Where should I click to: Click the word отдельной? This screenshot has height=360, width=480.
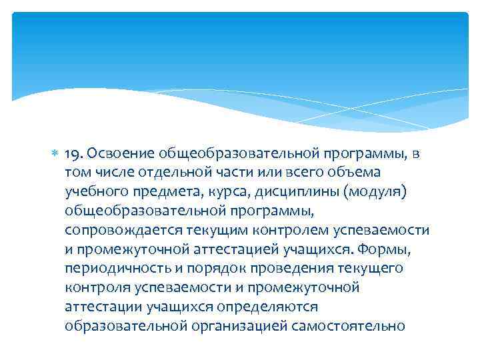coord(170,173)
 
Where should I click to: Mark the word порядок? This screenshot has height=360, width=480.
coord(201,269)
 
